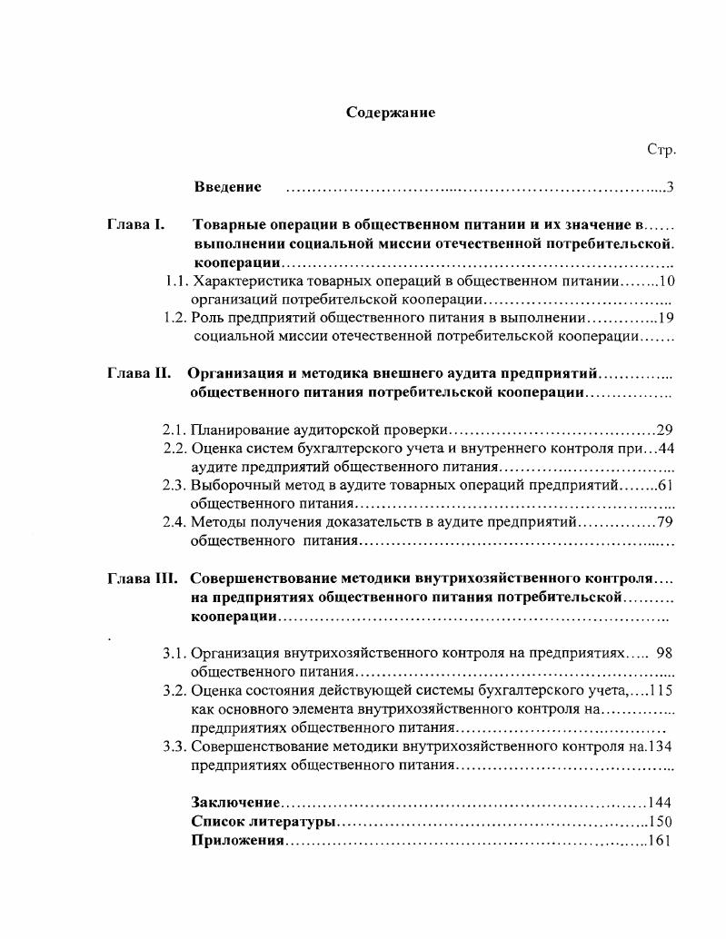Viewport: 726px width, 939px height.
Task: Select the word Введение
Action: point(227,187)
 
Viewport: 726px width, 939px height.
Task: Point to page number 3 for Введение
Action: point(669,188)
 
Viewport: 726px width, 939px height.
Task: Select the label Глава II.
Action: point(138,374)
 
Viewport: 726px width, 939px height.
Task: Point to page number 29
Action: point(664,430)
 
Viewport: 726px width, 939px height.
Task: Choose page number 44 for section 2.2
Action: point(665,448)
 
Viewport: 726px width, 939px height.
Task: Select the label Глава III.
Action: point(142,578)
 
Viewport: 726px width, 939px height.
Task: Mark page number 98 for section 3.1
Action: point(664,653)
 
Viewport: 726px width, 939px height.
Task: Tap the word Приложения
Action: point(238,841)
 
